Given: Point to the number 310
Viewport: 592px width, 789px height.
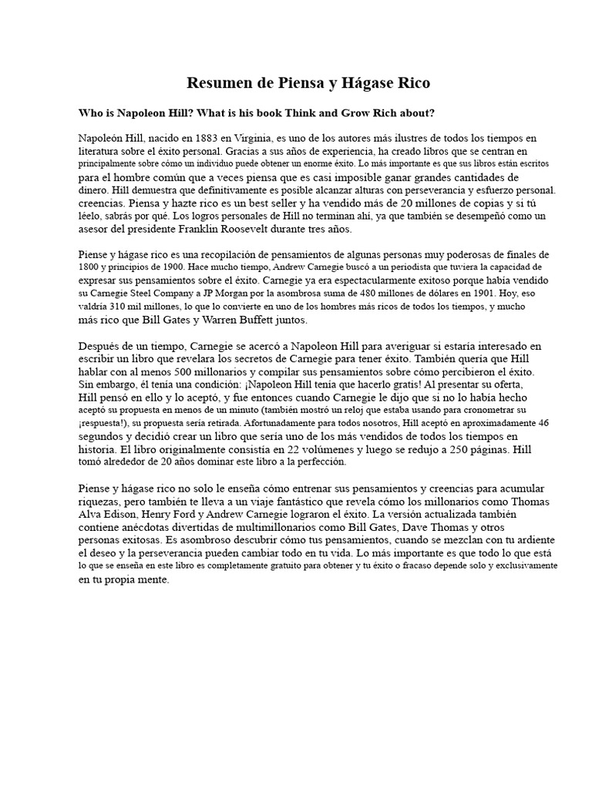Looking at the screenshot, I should pyautogui.click(x=126, y=307).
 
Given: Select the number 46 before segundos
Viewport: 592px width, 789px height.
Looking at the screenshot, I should pyautogui.click(x=543, y=423).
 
